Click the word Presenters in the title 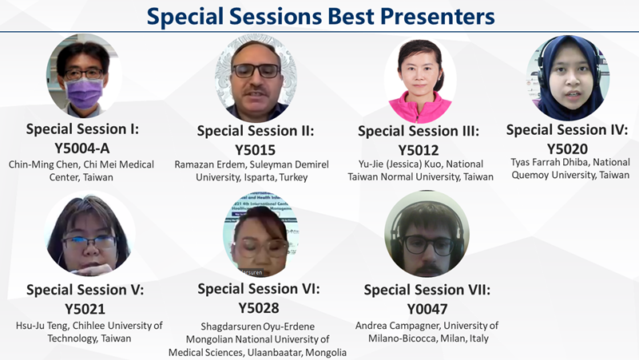(x=437, y=16)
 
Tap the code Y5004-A (x=82, y=148)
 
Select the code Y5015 (x=256, y=150)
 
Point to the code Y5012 (x=419, y=150)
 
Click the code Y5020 (x=567, y=149)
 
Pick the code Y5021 (x=85, y=309)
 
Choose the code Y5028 (x=259, y=308)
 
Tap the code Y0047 (x=427, y=309)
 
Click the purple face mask (x=84, y=93)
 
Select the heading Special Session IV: (x=567, y=130)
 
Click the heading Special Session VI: (x=259, y=289)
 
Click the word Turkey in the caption (x=293, y=177)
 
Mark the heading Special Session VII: (x=427, y=290)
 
